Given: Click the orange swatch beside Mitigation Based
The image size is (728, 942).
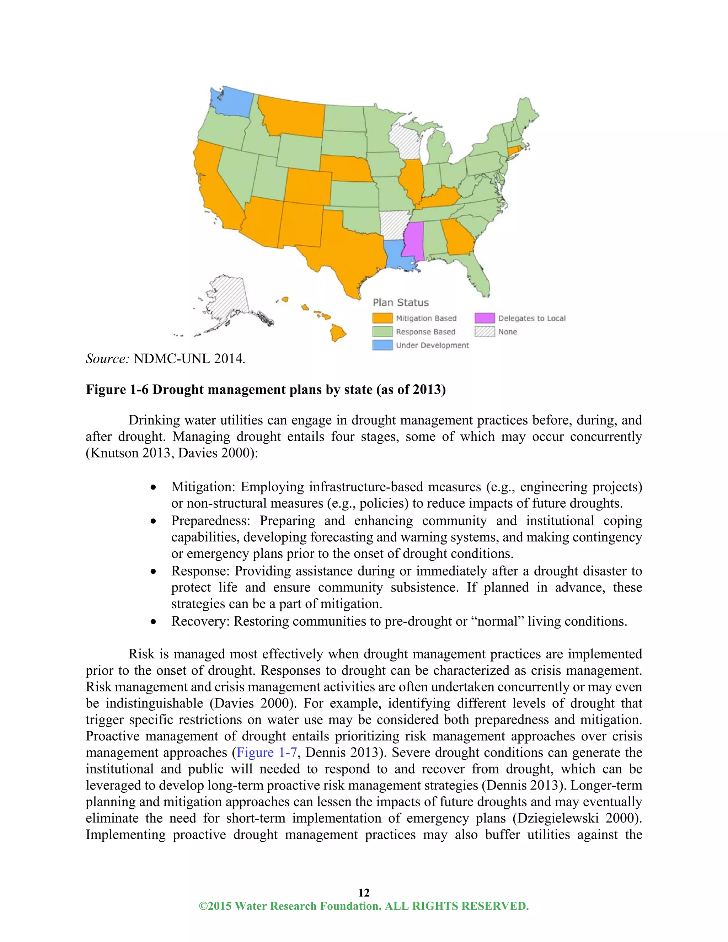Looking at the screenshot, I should (x=382, y=318).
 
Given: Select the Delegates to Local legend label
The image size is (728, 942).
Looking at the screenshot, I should (x=531, y=318).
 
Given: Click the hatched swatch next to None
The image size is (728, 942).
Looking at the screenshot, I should (x=485, y=332).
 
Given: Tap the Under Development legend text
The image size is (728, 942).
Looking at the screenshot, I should (x=432, y=345).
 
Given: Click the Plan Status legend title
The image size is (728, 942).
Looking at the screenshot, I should (x=401, y=303).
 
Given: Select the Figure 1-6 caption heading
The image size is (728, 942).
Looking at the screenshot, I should (x=265, y=390).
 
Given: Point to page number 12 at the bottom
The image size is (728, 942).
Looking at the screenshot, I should (x=364, y=892).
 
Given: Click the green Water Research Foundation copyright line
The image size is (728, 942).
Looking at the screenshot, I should (x=364, y=906).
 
